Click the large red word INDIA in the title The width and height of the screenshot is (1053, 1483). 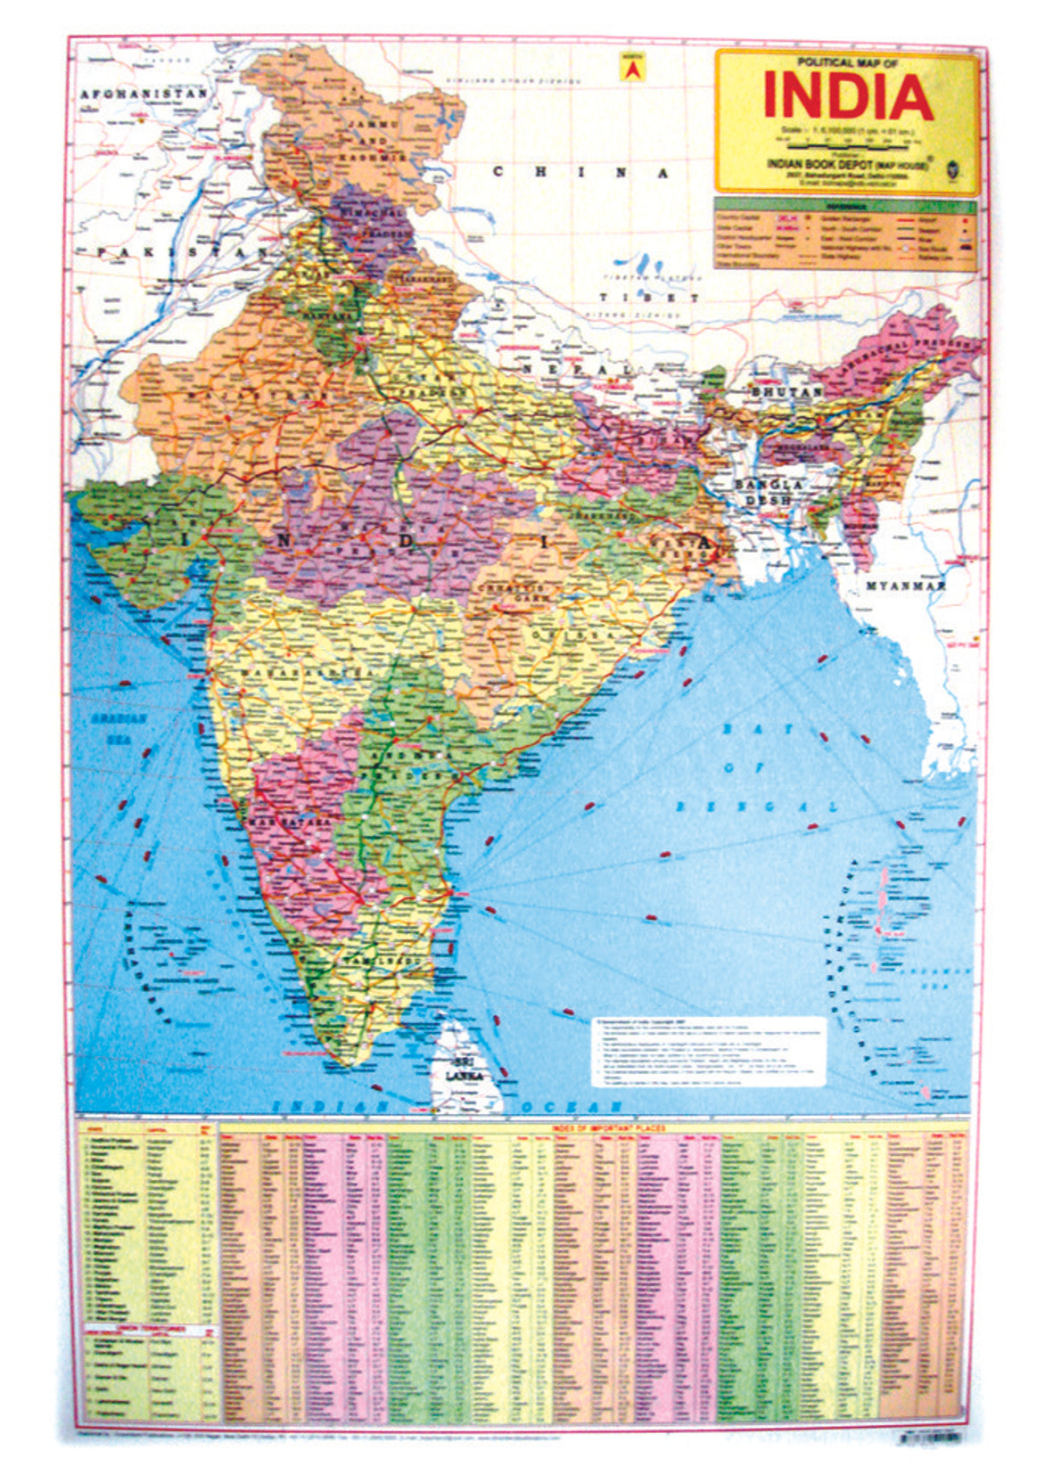(x=848, y=97)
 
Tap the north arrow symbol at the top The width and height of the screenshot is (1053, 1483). (x=631, y=68)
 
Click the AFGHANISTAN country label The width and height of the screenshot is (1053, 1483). (x=144, y=94)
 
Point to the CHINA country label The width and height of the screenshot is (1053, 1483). (x=580, y=172)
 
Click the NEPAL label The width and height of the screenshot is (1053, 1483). (x=576, y=369)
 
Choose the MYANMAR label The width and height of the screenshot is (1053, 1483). (x=905, y=586)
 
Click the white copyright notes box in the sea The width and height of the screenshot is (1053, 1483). (x=709, y=1052)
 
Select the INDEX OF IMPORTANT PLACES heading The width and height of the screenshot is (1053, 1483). (x=608, y=1128)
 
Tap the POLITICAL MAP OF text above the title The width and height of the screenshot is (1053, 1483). (x=848, y=62)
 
